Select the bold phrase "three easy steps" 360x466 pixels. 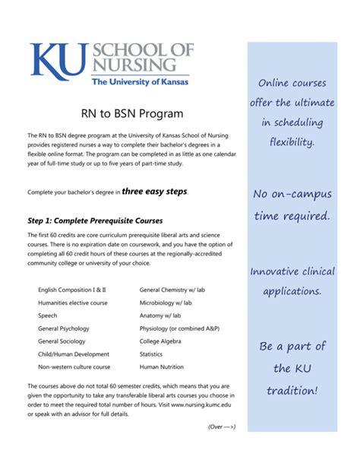(x=154, y=192)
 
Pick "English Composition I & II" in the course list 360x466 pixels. (x=72, y=290)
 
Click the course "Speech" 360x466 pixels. (x=47, y=315)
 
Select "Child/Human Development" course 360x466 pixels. (x=74, y=354)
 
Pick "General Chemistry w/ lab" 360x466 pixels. (x=175, y=290)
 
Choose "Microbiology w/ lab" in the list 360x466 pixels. (x=166, y=303)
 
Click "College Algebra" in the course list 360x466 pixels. (x=162, y=341)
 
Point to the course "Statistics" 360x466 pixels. (x=152, y=354)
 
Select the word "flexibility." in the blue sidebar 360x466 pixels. (x=292, y=142)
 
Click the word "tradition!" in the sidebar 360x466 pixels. (x=292, y=390)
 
